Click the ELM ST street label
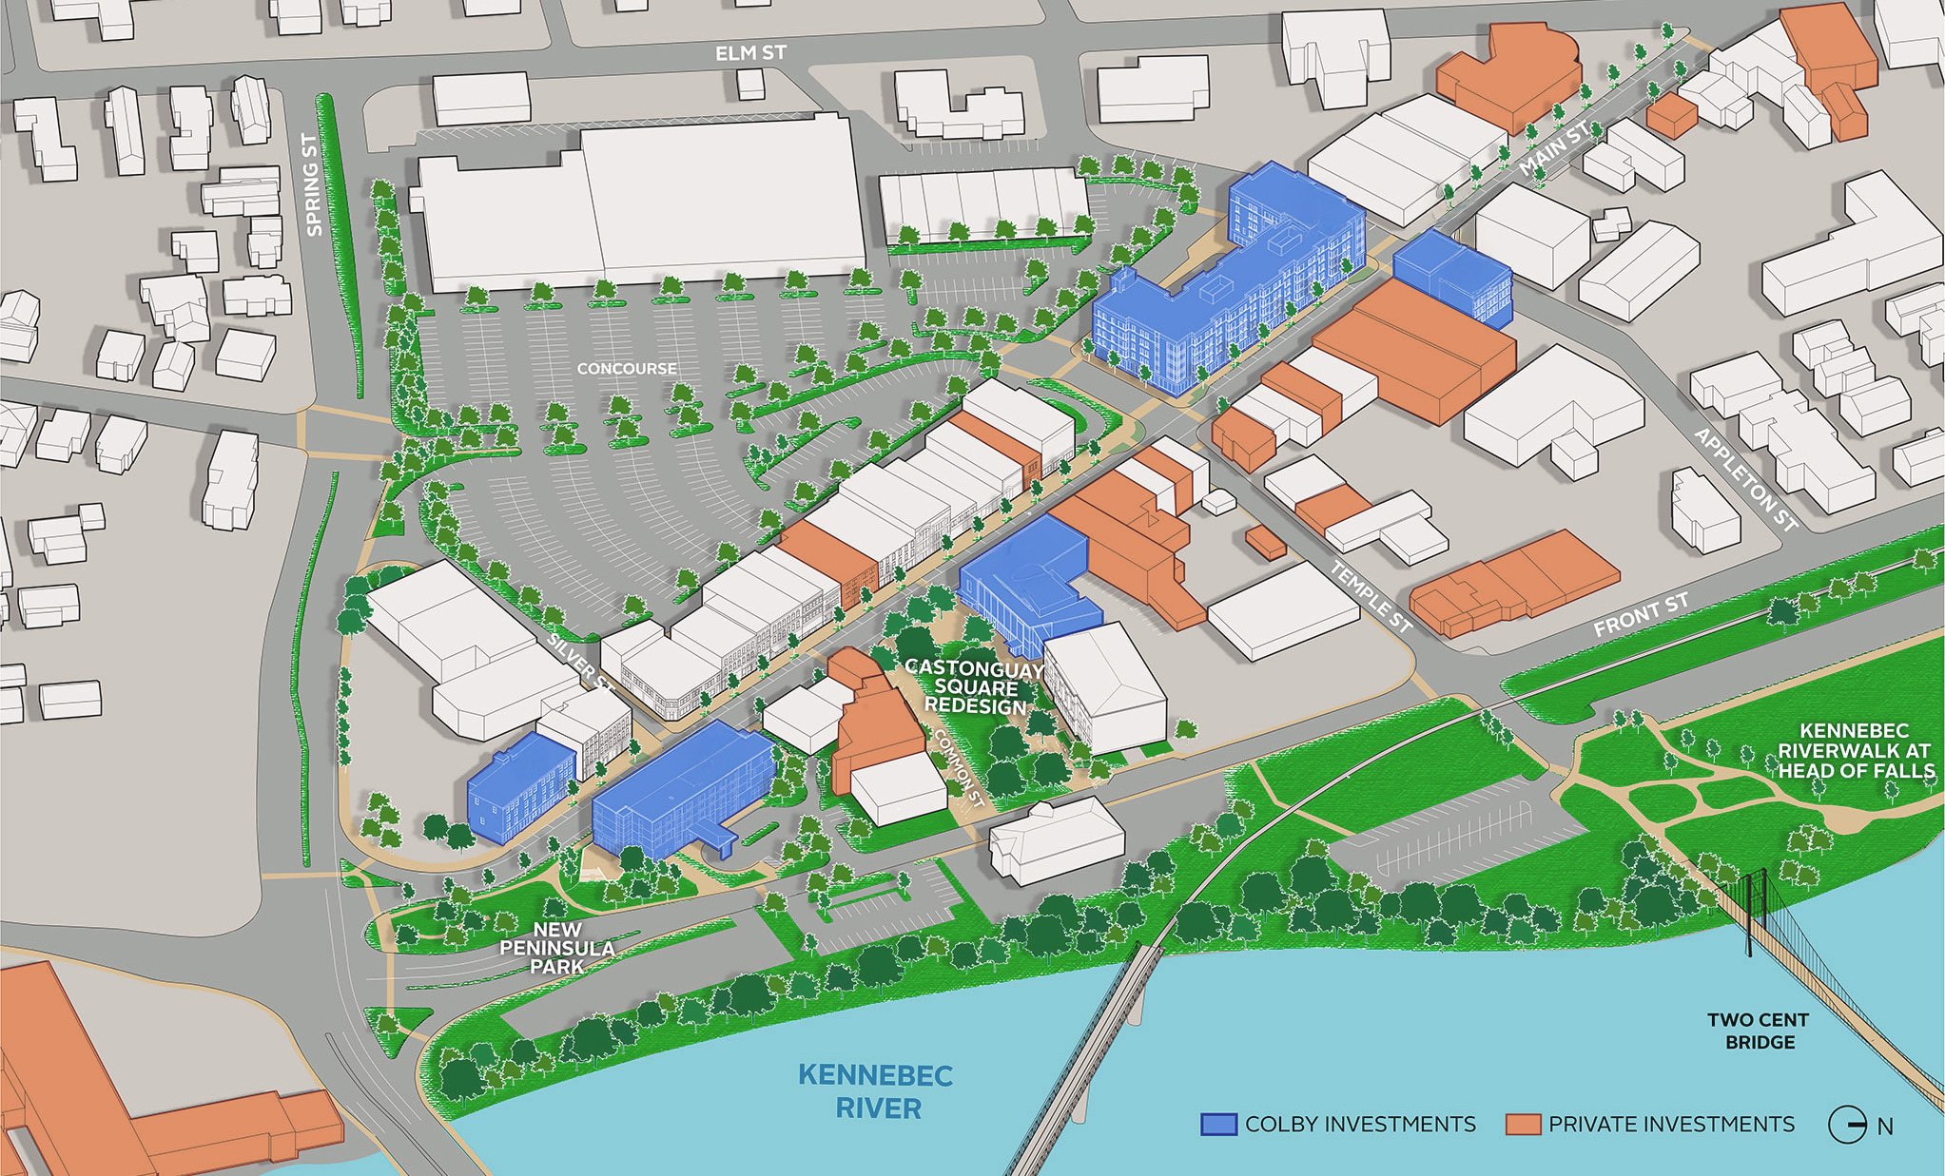coord(750,53)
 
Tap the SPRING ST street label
coord(311,184)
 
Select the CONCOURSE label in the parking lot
coord(627,368)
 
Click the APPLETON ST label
coord(1746,480)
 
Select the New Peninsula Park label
coord(557,948)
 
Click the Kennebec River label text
coord(875,1091)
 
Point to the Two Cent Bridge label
coord(1759,1031)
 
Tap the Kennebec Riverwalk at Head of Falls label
coord(1855,750)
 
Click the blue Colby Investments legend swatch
coord(1218,1125)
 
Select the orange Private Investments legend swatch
coord(1522,1125)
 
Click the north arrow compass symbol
coord(1846,1126)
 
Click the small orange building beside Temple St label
coord(1265,542)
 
